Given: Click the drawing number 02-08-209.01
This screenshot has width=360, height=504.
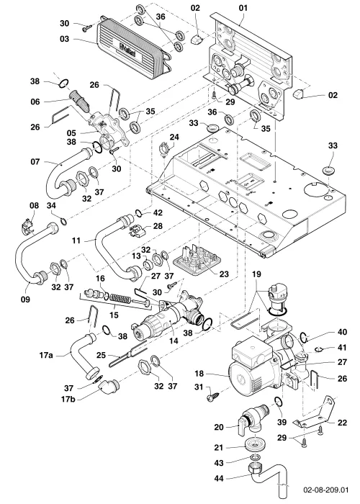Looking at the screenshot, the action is (325, 490).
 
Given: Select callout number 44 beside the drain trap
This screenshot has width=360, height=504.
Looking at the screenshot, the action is (219, 478).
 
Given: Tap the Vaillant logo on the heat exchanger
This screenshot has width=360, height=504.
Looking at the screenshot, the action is (128, 51).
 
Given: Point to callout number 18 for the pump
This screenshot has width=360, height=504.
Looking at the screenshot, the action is (199, 374).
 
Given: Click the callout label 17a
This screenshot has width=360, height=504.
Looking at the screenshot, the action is (46, 356).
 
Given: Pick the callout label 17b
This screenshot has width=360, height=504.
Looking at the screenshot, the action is (68, 400).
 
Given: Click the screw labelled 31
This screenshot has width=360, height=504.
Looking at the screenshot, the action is (214, 396).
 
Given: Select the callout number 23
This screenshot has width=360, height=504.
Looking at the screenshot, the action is (224, 274).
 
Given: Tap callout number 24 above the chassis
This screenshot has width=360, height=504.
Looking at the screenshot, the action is (174, 138).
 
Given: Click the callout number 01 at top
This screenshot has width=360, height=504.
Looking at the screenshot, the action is (243, 8).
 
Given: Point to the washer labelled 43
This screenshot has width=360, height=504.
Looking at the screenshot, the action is (255, 457).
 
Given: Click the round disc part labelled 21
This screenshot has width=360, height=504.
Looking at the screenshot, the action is (254, 444).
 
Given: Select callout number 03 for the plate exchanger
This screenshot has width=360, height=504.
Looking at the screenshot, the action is (64, 39).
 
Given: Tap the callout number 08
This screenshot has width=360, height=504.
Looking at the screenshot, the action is (34, 205).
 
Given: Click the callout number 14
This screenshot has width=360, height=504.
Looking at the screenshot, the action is (174, 341).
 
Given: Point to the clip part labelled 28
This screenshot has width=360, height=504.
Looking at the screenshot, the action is (137, 231).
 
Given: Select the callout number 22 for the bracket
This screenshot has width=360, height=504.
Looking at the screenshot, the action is (342, 423).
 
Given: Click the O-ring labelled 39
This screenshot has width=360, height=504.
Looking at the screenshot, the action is (279, 402).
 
